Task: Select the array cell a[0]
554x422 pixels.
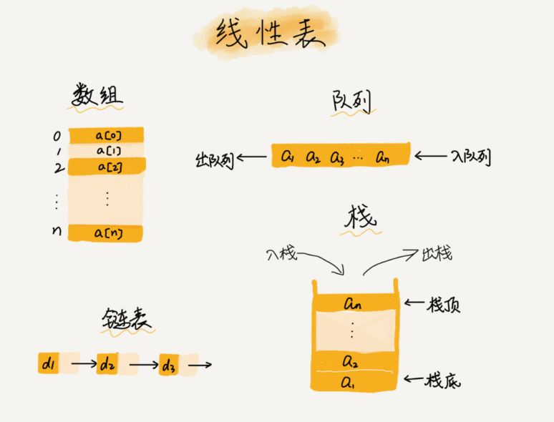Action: (107, 135)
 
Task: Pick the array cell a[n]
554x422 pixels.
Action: (107, 233)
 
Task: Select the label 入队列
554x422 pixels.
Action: (470, 157)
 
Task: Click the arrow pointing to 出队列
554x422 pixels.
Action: (253, 157)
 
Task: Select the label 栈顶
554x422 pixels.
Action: (443, 305)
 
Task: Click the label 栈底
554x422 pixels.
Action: (443, 381)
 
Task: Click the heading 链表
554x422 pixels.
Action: (125, 320)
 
